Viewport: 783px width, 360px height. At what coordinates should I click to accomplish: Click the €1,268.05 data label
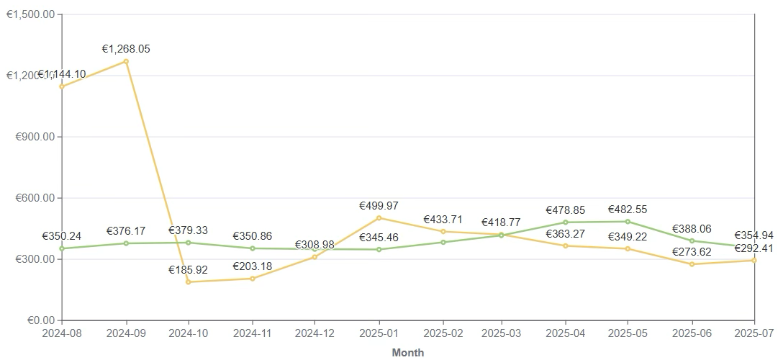point(126,49)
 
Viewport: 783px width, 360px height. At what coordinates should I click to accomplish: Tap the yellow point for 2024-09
point(126,61)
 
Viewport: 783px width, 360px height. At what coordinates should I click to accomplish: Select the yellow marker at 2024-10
point(189,282)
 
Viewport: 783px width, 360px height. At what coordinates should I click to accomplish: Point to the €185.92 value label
point(188,270)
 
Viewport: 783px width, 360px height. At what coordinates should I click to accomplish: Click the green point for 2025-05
point(628,222)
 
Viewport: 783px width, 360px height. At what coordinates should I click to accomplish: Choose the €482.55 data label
point(628,210)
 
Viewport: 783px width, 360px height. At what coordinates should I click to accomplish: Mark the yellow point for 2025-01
point(379,218)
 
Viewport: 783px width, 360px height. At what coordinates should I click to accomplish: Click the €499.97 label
point(379,206)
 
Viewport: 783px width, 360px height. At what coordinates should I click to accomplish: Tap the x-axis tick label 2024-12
point(314,334)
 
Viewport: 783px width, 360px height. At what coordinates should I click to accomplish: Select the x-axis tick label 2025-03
point(502,334)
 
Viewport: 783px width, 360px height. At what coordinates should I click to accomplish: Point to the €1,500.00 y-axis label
point(31,14)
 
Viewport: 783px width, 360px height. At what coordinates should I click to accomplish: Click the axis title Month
point(408,353)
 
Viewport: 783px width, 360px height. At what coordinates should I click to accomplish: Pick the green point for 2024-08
point(62,248)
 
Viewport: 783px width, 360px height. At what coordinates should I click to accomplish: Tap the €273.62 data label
point(692,252)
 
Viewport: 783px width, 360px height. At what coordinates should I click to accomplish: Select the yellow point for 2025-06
point(692,264)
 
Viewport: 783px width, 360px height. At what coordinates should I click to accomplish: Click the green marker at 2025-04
point(565,222)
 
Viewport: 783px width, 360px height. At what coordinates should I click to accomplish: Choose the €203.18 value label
point(253,266)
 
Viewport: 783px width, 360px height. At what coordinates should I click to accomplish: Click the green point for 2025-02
point(443,242)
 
